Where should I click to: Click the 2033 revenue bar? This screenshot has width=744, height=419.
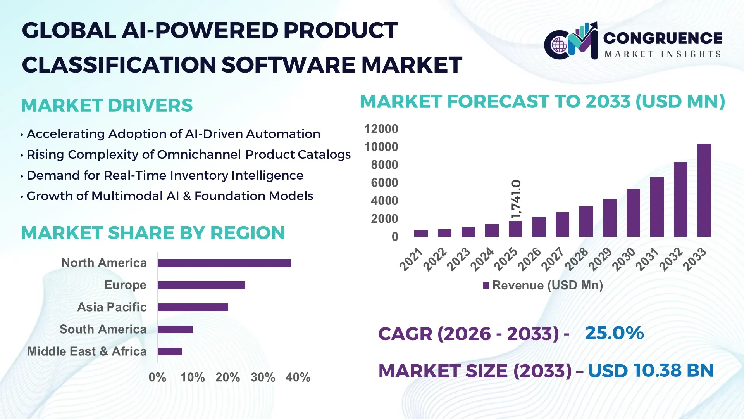tap(704, 190)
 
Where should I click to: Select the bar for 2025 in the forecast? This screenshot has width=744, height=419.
tap(515, 229)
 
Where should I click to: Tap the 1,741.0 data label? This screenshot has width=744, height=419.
tap(516, 199)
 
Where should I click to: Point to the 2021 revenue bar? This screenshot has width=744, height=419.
tap(421, 234)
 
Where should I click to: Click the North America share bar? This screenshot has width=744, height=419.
tap(224, 263)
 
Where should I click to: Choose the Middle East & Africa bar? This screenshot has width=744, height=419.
tap(170, 351)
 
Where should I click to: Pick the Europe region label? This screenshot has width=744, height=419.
tap(125, 285)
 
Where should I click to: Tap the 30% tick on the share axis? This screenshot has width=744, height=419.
tap(263, 377)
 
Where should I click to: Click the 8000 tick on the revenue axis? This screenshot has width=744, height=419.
tap(384, 165)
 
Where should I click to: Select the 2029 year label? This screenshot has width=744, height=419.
tap(600, 259)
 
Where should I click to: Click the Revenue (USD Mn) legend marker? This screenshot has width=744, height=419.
tap(486, 286)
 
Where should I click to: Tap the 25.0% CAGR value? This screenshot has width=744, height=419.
tap(614, 333)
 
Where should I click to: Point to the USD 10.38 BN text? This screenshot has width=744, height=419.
tap(651, 371)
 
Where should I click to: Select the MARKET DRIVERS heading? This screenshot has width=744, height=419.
tap(107, 106)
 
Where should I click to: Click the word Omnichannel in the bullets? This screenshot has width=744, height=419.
tap(199, 155)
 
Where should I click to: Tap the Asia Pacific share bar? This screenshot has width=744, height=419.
tap(193, 307)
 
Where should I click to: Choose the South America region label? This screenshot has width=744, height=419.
tap(103, 329)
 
